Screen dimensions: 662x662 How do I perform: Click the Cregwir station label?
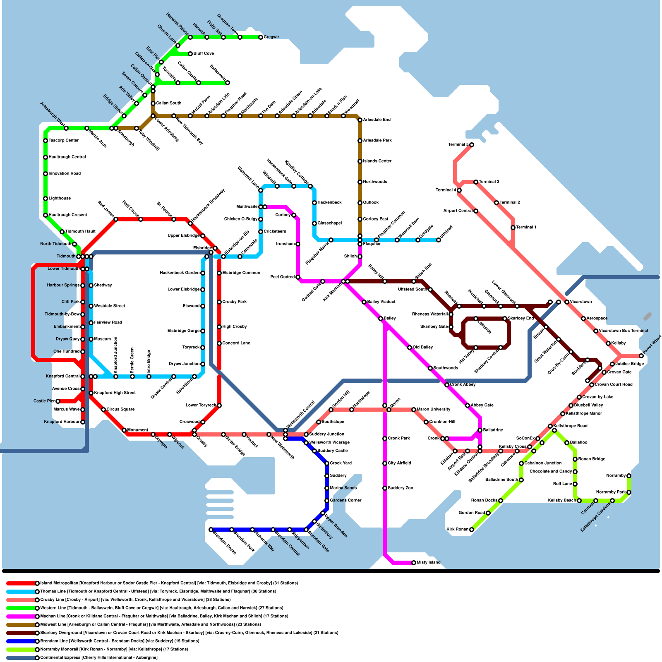271,37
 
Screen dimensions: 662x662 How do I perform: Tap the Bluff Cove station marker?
190,54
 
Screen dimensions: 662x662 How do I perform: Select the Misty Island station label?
429,563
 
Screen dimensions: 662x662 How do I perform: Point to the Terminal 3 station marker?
476,182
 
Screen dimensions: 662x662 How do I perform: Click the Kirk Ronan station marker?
472,530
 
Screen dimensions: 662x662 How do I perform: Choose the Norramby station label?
616,476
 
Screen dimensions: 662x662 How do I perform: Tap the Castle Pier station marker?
58,401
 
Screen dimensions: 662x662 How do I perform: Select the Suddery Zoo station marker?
385,488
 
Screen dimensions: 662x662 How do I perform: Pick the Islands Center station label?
377,161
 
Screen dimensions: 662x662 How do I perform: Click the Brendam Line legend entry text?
120,641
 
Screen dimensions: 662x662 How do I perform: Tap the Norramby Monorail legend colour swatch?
21,649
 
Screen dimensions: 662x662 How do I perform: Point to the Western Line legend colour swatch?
21,608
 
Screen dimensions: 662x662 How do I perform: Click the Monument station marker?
124,430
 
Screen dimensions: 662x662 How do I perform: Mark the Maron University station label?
434,410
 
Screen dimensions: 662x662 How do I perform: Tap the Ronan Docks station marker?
501,501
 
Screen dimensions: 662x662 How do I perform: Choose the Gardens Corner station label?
345,501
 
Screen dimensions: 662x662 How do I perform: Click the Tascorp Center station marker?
46,141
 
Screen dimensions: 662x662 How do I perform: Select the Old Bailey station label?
423,348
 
